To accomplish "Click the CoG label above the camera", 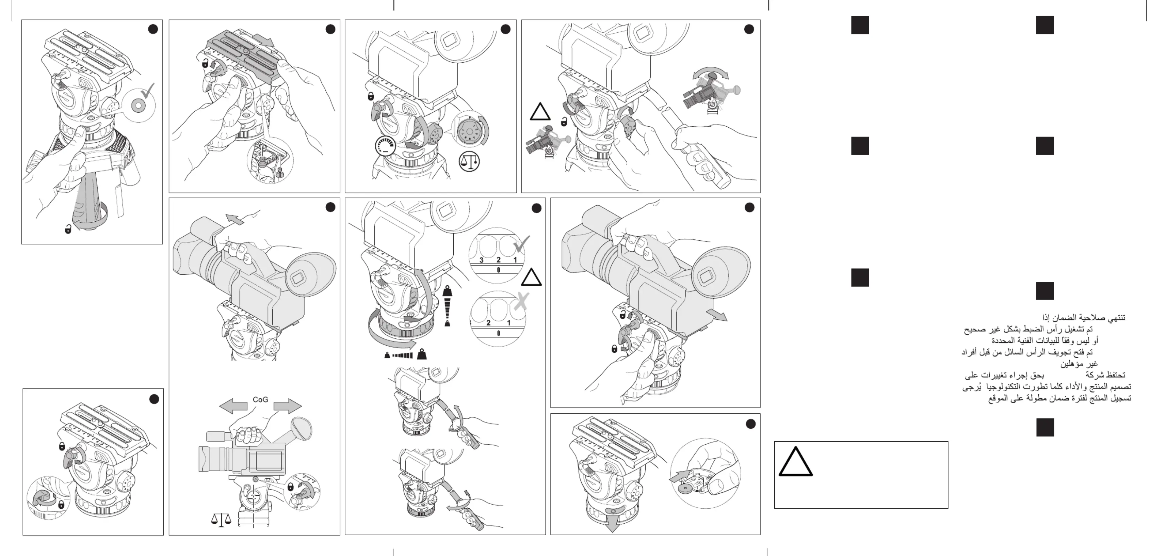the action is pos(260,399).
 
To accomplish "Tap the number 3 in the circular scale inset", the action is pos(481,260).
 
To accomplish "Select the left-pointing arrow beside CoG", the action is pos(233,406).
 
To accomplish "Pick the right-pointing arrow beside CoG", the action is pos(288,406).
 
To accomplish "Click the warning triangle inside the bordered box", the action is pos(795,461).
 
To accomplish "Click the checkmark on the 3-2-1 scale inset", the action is pos(521,244).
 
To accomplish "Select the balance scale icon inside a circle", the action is pos(469,161).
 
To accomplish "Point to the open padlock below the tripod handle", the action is pos(68,229).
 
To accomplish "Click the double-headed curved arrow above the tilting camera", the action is pos(710,73).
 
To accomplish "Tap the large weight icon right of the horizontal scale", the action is pos(421,354).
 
